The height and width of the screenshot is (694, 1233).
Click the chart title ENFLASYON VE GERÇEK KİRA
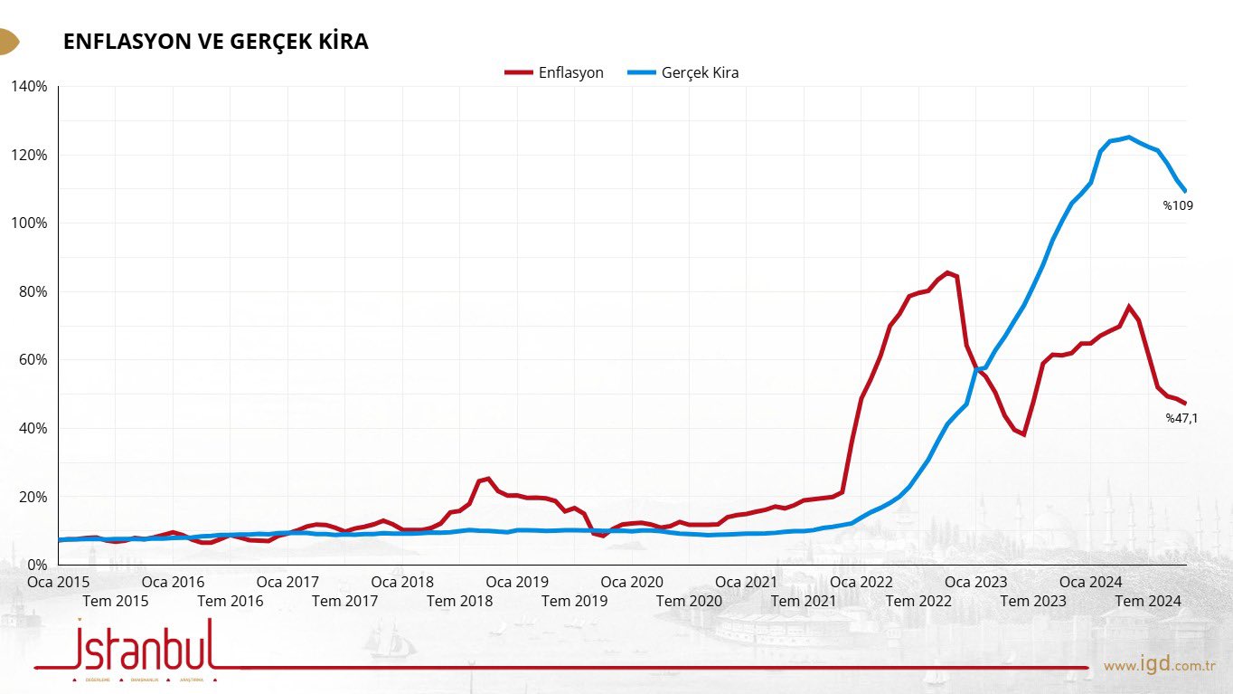point(215,42)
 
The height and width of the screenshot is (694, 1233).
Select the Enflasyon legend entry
point(555,72)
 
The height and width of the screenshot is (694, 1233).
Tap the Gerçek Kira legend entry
point(683,72)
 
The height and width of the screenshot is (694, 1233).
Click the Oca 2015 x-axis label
point(59,582)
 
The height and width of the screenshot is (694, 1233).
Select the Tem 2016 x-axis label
point(230,601)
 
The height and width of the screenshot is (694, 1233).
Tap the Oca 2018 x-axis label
point(402,582)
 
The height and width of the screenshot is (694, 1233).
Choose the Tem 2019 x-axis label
point(574,601)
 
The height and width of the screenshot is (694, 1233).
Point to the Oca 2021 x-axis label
point(746,582)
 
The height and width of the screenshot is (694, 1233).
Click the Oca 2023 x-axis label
point(975,582)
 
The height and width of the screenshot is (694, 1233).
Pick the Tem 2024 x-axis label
point(1147,601)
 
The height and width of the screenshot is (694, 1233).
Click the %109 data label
point(1178,205)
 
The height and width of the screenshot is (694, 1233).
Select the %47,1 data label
point(1181,418)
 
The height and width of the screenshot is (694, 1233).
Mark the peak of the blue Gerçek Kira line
point(1128,138)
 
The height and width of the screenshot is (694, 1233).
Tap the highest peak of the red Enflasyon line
point(947,272)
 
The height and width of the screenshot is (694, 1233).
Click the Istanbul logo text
point(145,644)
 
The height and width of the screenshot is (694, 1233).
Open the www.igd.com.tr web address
point(1160,666)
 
